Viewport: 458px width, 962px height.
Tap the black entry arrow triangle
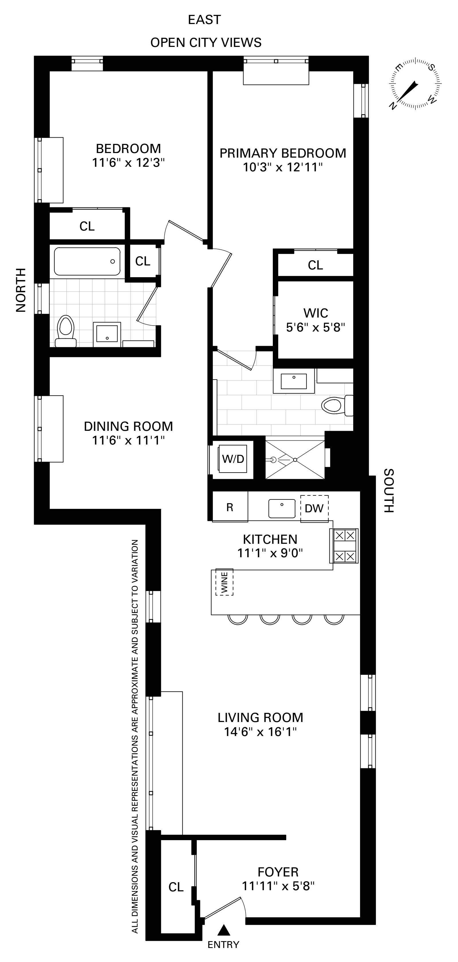(223, 930)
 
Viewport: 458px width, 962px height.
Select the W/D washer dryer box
(233, 459)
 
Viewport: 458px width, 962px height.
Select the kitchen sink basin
(282, 509)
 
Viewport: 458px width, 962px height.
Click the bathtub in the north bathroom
(87, 261)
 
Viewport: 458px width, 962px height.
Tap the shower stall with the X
(295, 460)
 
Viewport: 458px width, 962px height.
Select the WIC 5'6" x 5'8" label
(315, 320)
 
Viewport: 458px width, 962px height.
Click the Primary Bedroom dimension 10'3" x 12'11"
(283, 167)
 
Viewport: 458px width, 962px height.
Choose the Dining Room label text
(128, 426)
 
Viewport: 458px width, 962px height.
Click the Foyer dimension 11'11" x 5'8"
(278, 886)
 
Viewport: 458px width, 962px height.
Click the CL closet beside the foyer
(176, 887)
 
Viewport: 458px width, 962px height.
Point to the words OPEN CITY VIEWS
(206, 43)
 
